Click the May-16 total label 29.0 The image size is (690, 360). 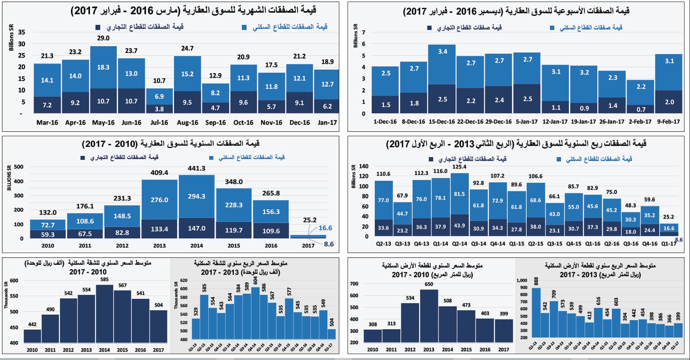(x=103, y=38)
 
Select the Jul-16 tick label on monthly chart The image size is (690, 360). (x=159, y=122)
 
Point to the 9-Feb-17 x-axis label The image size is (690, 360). (x=668, y=122)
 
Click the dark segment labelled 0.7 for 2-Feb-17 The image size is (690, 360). (x=641, y=109)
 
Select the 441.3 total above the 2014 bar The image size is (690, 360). (x=196, y=169)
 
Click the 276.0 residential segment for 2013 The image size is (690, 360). (x=159, y=200)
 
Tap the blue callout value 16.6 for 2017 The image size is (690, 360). (x=325, y=228)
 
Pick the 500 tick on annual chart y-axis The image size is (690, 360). (x=19, y=167)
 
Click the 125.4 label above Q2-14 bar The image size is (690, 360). (x=459, y=167)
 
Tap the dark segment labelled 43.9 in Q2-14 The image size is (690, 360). (x=459, y=226)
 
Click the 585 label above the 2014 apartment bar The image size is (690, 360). (x=104, y=279)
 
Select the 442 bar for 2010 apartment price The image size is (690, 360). (x=32, y=336)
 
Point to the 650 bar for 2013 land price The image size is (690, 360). (x=429, y=316)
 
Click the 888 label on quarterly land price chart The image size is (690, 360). (x=536, y=281)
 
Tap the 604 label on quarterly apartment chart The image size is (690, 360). (x=255, y=281)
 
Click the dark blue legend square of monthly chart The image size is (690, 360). (x=98, y=27)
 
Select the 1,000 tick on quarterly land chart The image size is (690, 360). (x=522, y=280)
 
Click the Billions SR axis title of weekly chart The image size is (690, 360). (x=355, y=36)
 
